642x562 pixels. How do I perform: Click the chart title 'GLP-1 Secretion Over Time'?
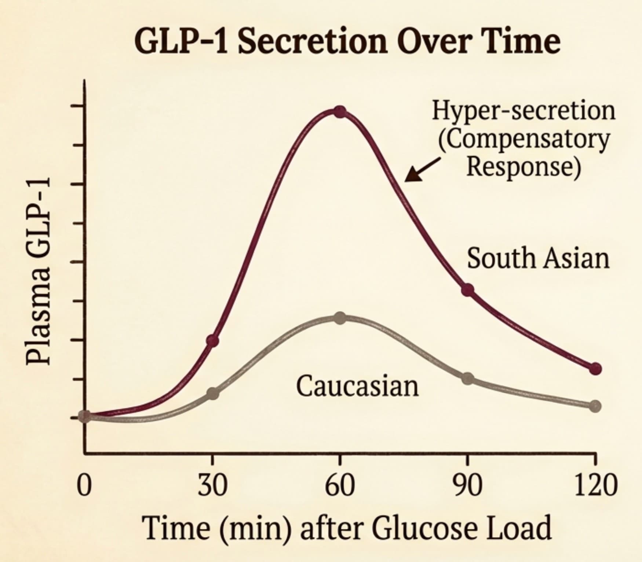coord(347,41)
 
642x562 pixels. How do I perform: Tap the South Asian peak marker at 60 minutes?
coord(340,112)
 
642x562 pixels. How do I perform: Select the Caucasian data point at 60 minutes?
coord(340,318)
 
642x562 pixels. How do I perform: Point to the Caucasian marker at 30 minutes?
coord(213,394)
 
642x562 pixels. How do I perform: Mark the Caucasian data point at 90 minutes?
coord(467,378)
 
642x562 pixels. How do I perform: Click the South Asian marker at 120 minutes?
coord(595,369)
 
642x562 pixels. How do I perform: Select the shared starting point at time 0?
coord(85,417)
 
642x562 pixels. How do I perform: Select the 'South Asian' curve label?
coord(538,258)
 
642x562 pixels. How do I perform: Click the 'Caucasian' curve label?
coord(357,386)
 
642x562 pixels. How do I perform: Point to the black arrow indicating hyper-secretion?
coord(422,170)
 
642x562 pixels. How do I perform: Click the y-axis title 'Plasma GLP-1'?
coord(38,274)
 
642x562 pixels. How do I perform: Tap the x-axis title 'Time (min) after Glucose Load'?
coord(348,528)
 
